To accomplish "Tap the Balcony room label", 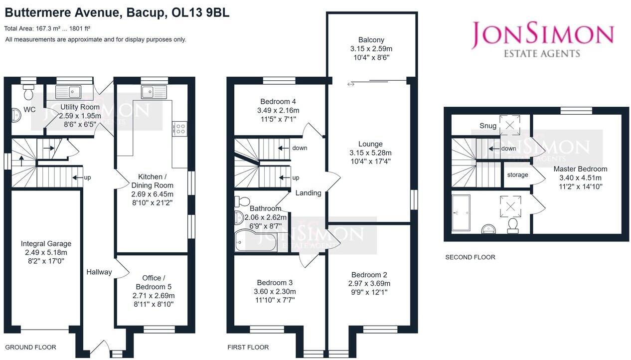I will tap(371, 40).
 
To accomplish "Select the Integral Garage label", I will tap(46, 244).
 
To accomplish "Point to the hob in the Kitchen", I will tap(179, 129).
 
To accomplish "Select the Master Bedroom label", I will tap(580, 169).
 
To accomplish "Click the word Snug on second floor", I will tap(488, 126).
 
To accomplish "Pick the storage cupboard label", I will tap(517, 175).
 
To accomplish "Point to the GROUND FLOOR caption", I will tap(30, 347).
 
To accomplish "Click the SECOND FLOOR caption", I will tap(470, 257).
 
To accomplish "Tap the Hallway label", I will tap(99, 272).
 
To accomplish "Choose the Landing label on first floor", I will tap(308, 193).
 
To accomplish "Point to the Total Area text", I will tap(47, 29).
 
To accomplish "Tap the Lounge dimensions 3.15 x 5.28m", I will tap(370, 153).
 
